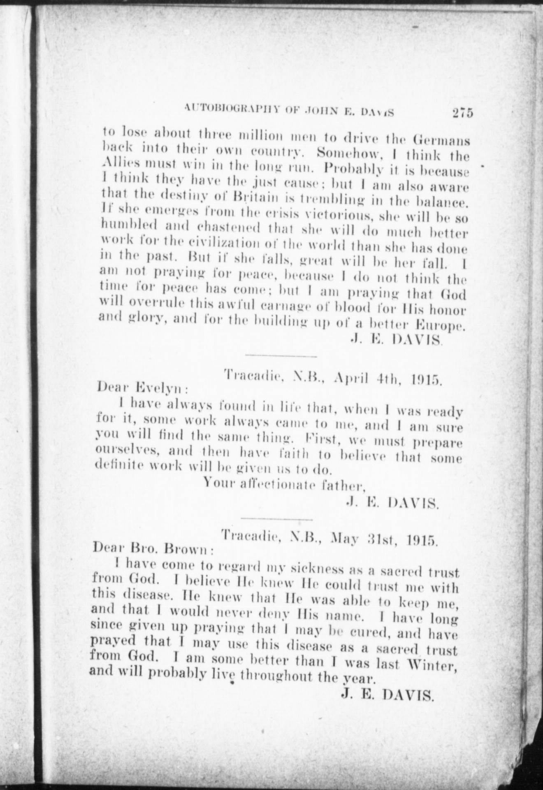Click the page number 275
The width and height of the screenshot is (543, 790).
click(x=462, y=113)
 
